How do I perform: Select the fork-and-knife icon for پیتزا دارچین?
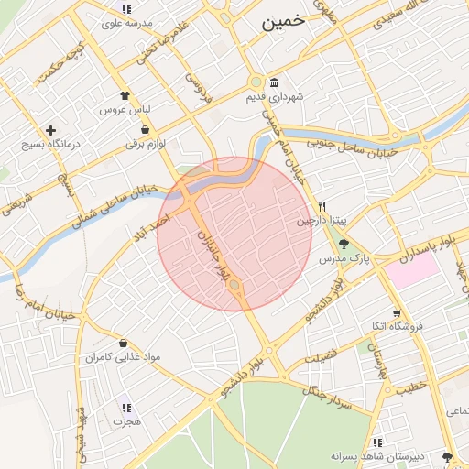coord(322,206)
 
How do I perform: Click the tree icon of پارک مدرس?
coord(344,244)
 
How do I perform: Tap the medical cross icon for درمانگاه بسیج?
coord(50,130)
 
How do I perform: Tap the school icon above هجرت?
coord(125,408)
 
